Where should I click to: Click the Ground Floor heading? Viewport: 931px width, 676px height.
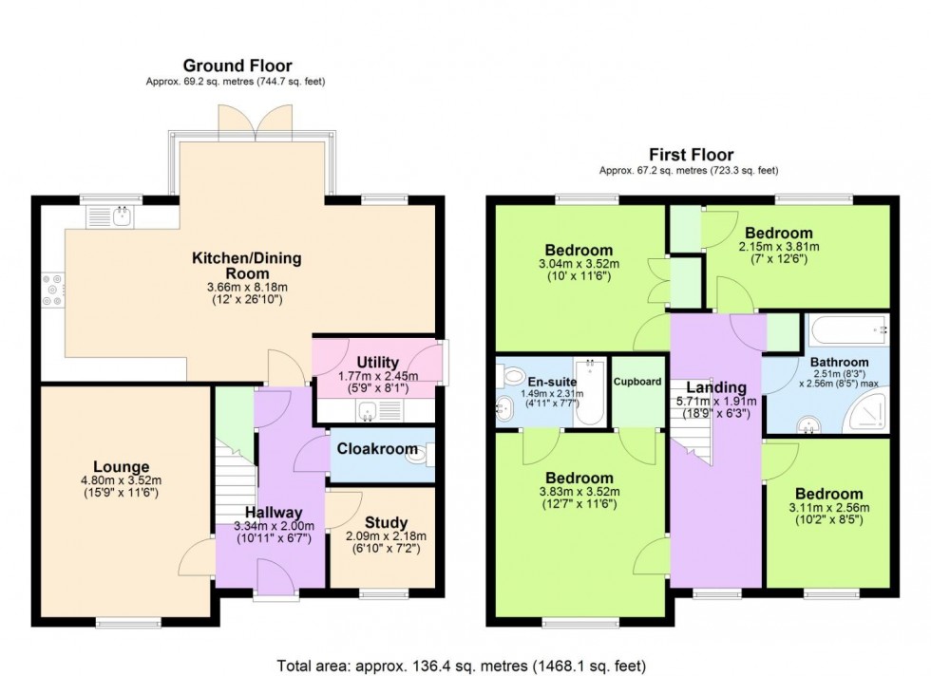pos(237,66)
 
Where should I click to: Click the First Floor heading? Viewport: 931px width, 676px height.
pos(692,155)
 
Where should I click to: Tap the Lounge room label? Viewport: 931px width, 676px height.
pos(122,467)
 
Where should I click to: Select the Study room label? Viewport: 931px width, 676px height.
pos(386,523)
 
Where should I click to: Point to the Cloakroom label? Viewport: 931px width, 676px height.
pos(377,449)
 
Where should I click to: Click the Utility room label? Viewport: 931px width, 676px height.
pos(378,362)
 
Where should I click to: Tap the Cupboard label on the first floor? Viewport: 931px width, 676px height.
pos(637,382)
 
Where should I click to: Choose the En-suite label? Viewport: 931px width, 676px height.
pos(544,383)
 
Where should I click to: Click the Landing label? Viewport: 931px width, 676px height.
pos(716,387)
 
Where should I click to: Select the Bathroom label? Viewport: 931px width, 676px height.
pos(839,362)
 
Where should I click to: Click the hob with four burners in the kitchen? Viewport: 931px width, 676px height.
pos(52,290)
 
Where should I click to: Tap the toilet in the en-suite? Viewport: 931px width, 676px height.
pos(511,375)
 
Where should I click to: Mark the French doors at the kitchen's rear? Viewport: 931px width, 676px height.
pos(256,122)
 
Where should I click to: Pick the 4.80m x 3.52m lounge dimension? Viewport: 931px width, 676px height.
pos(122,480)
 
